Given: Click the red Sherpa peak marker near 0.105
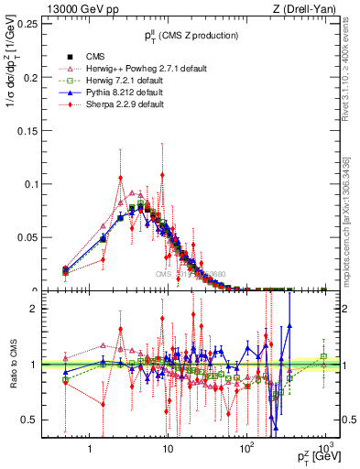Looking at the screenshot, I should [x=121, y=178].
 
